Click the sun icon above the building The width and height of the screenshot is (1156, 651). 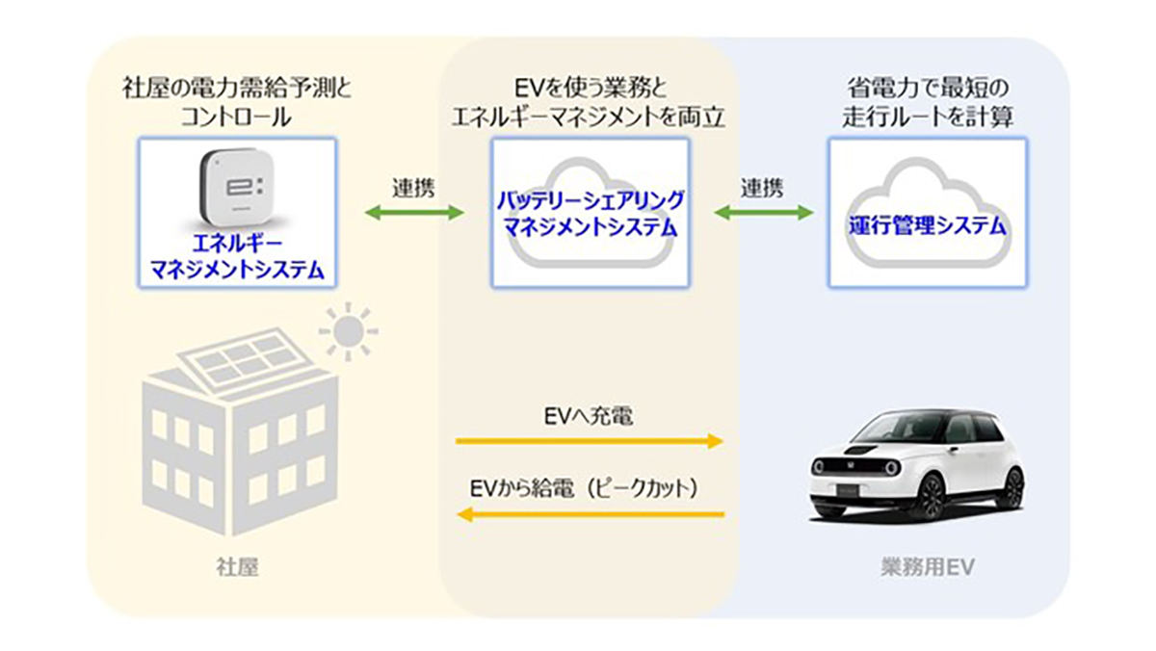tap(349, 331)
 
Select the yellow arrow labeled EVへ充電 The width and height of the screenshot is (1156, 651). tap(589, 441)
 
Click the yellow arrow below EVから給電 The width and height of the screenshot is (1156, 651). tap(591, 514)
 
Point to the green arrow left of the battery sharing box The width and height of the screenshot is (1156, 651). tap(414, 213)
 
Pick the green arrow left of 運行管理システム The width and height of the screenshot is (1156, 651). tap(764, 213)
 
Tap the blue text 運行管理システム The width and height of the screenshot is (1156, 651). tap(928, 227)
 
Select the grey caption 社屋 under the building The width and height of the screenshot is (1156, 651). tap(237, 567)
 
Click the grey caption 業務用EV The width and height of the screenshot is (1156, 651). tap(928, 567)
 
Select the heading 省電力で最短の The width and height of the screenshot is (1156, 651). tap(928, 89)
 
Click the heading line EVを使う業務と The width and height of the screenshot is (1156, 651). tap(591, 89)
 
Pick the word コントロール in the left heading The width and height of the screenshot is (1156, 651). tap(236, 117)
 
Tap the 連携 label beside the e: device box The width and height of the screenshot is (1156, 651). tap(414, 188)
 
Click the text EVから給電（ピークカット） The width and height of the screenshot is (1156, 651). tap(584, 488)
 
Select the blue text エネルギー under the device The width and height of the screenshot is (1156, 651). tap(237, 244)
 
